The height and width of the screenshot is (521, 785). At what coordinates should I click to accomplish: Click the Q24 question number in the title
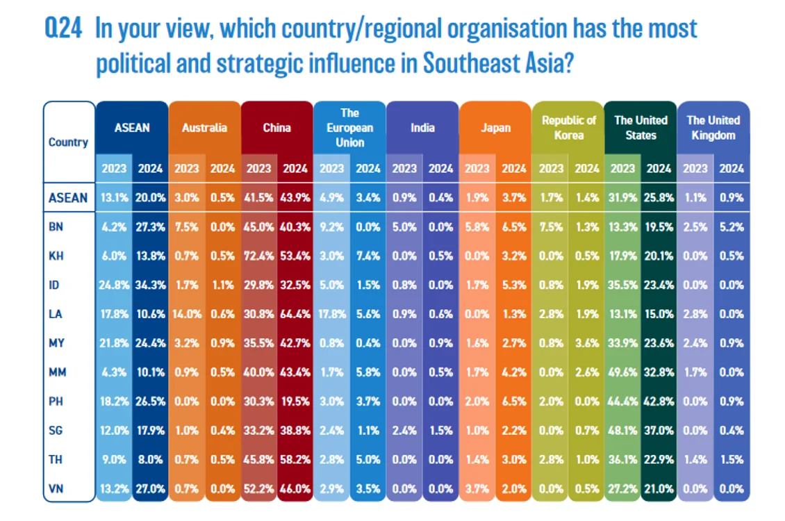pos(63,28)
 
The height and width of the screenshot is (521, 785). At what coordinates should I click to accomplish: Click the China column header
pos(277,128)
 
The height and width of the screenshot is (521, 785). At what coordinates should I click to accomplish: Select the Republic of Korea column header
pos(569,128)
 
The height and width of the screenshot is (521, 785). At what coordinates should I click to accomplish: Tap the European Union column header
pos(350,128)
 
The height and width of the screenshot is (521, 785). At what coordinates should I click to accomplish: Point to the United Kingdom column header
pos(713,128)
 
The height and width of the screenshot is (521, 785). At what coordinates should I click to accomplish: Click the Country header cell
pos(68,142)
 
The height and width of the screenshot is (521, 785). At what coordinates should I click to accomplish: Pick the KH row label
pos(56,256)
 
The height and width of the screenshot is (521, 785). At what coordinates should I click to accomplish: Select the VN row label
pos(56,488)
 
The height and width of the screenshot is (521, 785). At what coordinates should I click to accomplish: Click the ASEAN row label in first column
pos(68,198)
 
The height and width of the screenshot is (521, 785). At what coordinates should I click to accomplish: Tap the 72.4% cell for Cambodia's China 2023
pos(259,256)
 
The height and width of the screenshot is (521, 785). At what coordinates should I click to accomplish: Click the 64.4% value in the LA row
pos(295,314)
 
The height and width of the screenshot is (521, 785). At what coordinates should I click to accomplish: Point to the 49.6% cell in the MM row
pos(623,372)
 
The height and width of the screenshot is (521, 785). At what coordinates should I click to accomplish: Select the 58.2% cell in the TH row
pos(295,459)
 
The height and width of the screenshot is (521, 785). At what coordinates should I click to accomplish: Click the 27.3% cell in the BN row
pos(150,226)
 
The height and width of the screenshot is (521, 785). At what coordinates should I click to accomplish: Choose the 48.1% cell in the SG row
pos(623,431)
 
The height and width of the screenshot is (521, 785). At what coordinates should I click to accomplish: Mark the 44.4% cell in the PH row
pos(623,402)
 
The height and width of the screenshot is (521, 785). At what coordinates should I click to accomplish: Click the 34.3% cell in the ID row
pos(150,285)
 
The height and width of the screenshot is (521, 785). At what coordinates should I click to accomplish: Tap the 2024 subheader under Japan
pos(514,169)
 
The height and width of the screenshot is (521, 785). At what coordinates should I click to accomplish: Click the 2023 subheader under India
pos(404,169)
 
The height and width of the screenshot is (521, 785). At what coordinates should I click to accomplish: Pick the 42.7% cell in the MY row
pos(295,343)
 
